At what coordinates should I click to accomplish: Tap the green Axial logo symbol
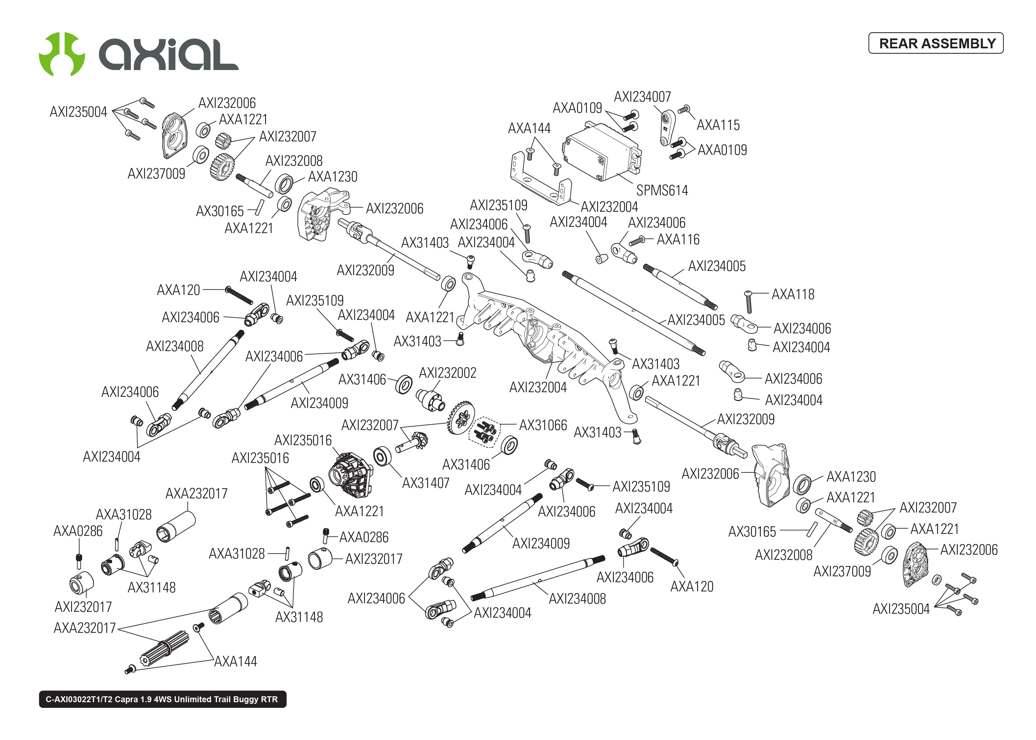(62, 54)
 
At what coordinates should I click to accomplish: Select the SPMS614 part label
(662, 190)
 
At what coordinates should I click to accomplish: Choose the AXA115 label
(718, 125)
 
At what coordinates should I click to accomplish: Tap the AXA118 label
(792, 294)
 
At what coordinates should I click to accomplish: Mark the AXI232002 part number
(447, 373)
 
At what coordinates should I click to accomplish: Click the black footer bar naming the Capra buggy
(162, 699)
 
